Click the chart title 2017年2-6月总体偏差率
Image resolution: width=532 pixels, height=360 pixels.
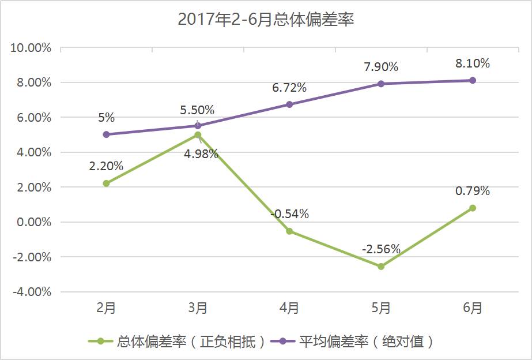(265, 20)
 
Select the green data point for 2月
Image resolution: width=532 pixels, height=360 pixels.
(106, 183)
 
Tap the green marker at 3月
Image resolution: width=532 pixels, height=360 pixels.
(198, 135)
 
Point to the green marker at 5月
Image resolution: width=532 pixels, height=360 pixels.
(381, 267)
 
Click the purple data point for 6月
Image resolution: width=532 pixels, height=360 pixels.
(473, 80)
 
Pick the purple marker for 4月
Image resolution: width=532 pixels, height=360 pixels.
(289, 104)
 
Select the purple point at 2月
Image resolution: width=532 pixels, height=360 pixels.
(106, 134)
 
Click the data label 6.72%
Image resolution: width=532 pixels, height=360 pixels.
(289, 88)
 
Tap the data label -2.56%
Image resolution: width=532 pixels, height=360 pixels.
(381, 249)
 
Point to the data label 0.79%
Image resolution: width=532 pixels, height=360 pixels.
(473, 191)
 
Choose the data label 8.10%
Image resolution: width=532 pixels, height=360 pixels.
(473, 63)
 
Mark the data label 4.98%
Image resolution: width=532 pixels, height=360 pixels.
(201, 154)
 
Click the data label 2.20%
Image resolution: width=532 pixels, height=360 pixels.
(106, 166)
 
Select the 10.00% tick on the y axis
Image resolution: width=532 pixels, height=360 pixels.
(31, 48)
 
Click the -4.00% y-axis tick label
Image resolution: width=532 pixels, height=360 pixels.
(32, 292)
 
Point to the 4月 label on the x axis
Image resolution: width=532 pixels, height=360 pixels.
(289, 308)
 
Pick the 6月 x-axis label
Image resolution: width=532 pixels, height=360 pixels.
(473, 308)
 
